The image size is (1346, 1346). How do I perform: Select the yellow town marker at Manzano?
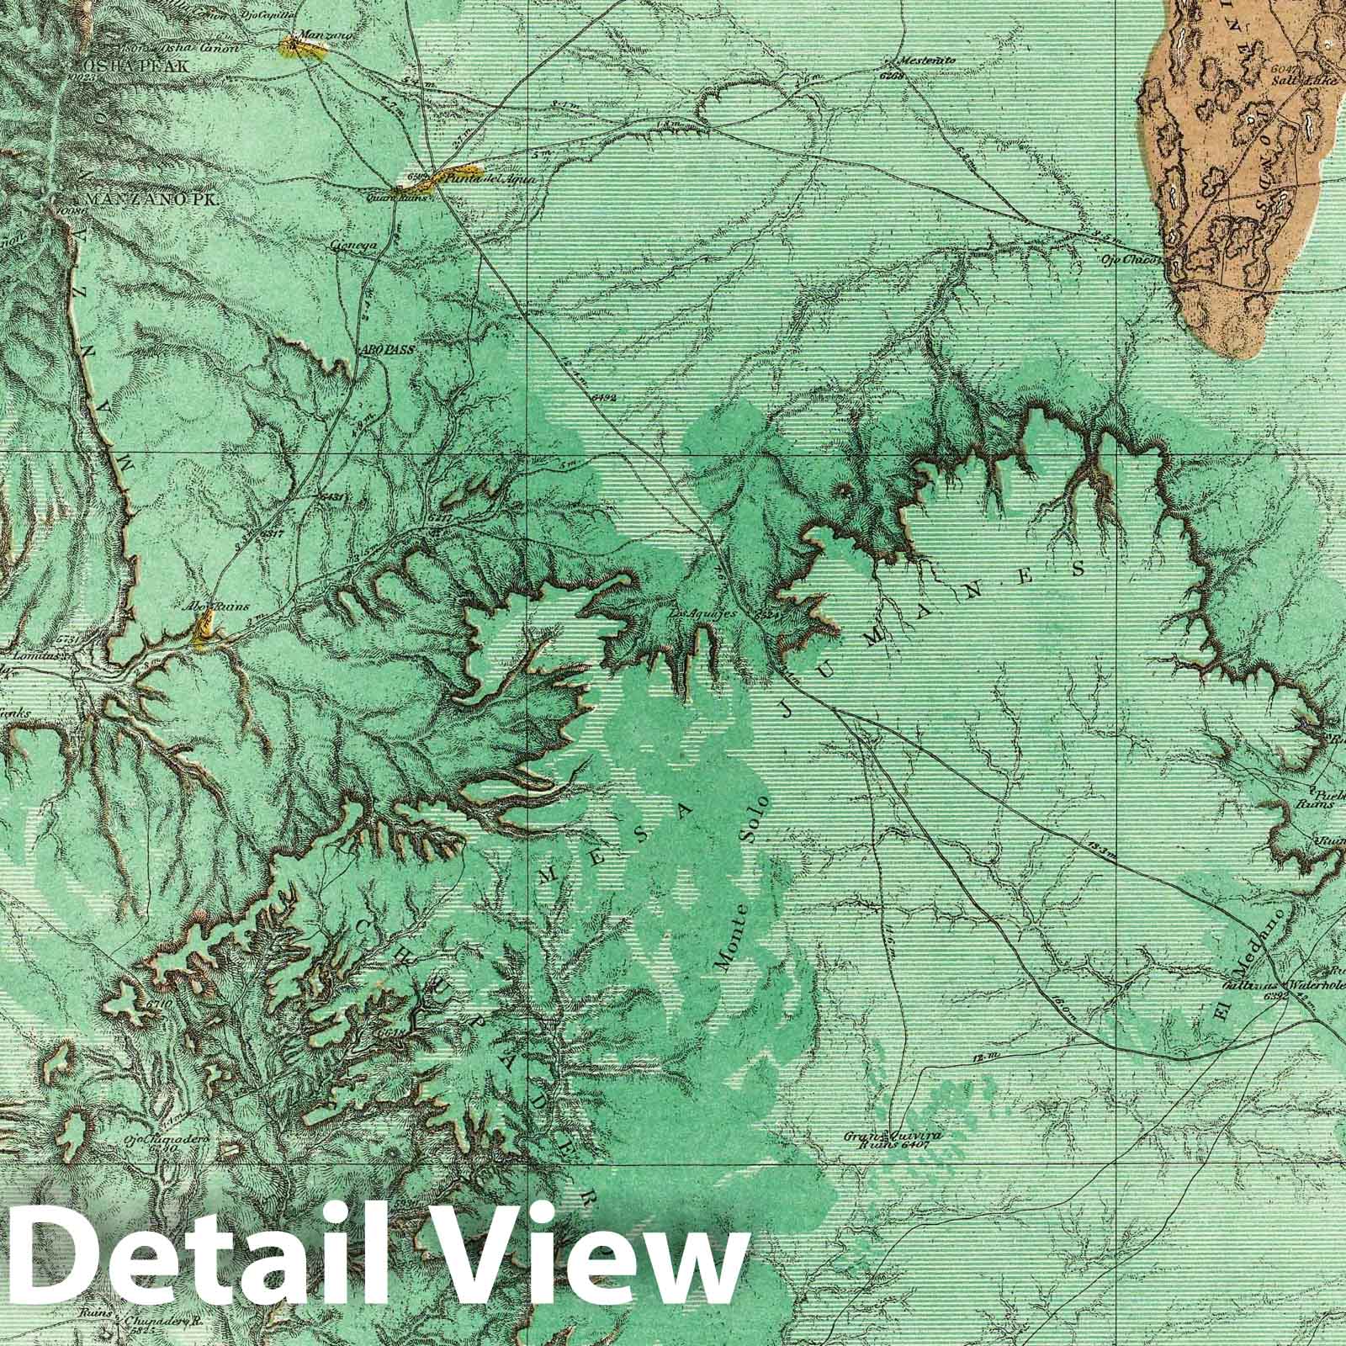pyautogui.click(x=303, y=50)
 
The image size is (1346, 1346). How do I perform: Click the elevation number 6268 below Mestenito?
pyautogui.click(x=893, y=76)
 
